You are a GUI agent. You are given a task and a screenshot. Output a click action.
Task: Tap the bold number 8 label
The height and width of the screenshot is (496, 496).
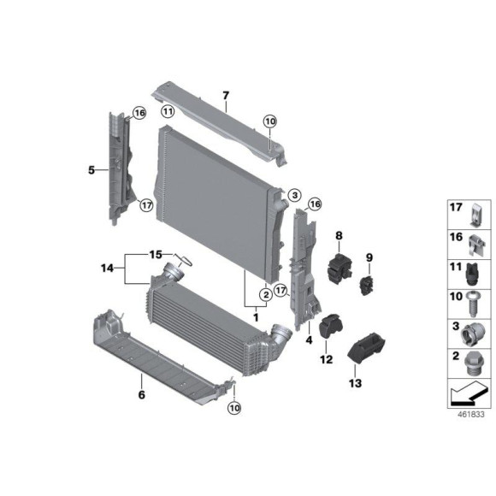click(339, 235)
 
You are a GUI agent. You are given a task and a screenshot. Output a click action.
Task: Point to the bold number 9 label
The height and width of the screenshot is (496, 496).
click(369, 257)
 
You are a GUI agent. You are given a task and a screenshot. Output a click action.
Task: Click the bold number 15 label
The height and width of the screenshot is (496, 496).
click(156, 254)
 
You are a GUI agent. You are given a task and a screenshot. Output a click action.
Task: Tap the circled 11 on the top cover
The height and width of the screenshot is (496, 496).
click(168, 112)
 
